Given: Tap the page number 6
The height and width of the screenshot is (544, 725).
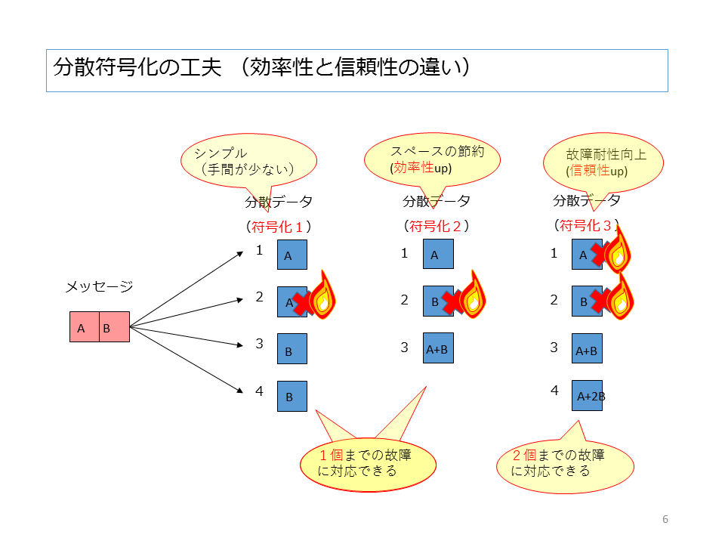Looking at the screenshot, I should [665, 519].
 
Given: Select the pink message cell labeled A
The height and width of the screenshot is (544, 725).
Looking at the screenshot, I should [84, 327].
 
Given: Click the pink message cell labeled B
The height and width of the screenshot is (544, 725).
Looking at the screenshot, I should [114, 327].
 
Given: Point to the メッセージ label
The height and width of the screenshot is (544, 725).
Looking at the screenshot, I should [99, 286].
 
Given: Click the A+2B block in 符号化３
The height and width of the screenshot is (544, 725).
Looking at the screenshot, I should [588, 395].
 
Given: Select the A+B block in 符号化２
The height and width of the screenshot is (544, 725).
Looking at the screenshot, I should [438, 348].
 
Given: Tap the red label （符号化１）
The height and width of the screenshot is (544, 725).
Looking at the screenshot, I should [278, 226].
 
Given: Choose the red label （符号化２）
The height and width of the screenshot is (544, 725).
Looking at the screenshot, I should [437, 225].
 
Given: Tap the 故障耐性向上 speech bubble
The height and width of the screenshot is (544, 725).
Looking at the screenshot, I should [603, 162].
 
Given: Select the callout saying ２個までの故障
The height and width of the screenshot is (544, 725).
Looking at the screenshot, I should [564, 463].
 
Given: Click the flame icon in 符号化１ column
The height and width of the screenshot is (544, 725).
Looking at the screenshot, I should [322, 295].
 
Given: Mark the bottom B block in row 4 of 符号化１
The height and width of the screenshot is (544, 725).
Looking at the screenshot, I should [292, 396].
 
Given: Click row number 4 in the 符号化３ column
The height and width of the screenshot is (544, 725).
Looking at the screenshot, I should [554, 391].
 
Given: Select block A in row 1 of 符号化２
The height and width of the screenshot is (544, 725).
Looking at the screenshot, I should [438, 255].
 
